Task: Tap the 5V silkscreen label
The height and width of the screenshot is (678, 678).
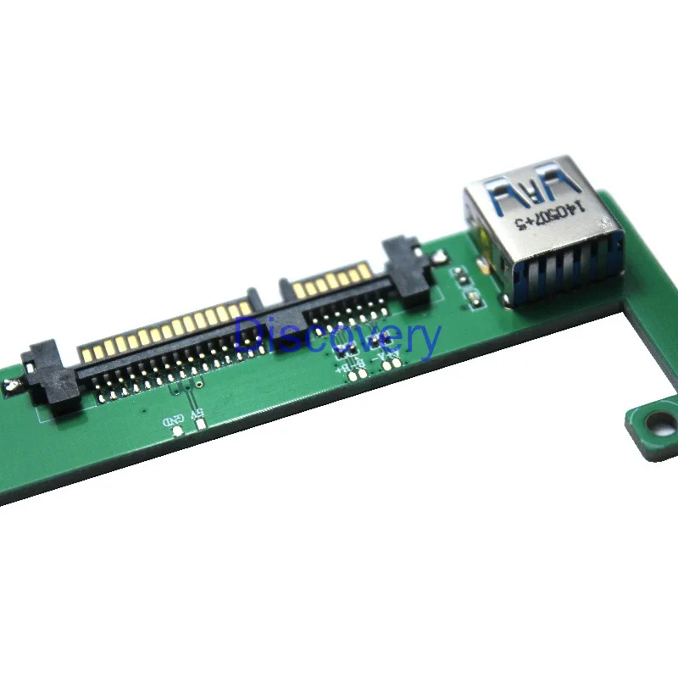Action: [197, 414]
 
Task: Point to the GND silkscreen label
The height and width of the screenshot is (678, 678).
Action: [174, 420]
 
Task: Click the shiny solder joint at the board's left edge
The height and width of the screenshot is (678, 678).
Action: [10, 388]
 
